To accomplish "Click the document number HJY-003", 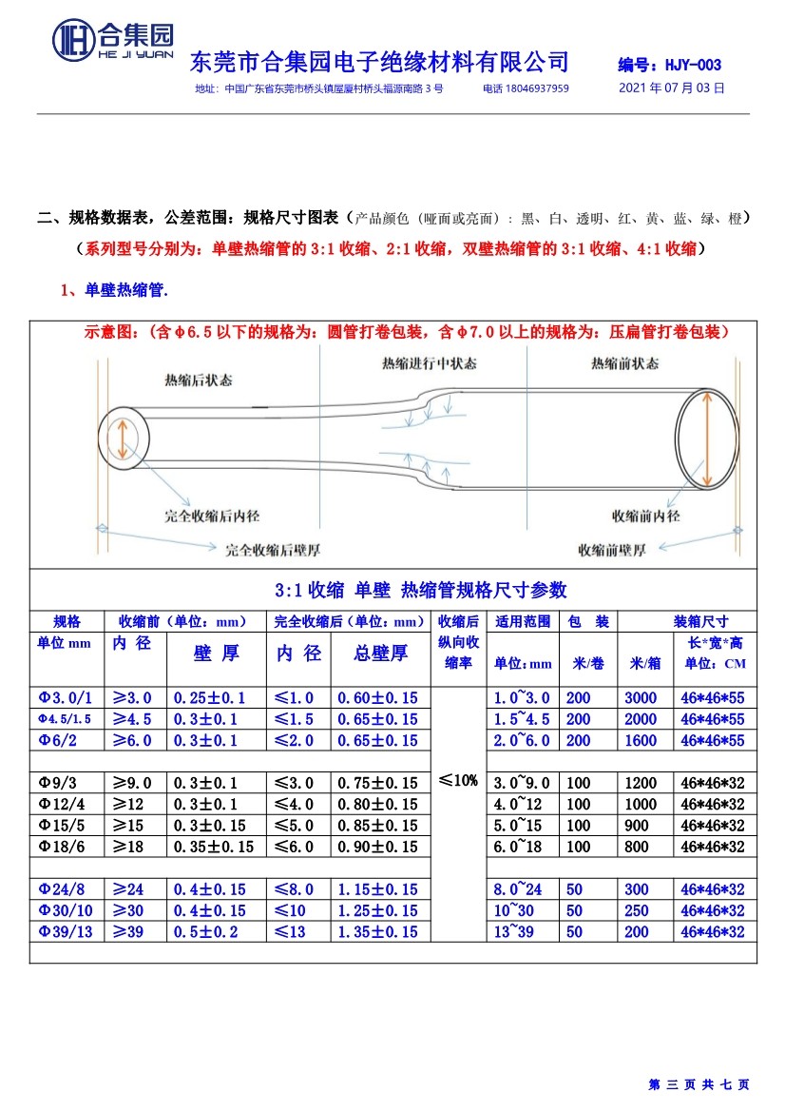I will pyautogui.click(x=669, y=66).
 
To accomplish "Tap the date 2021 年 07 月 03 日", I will pyautogui.click(x=671, y=88).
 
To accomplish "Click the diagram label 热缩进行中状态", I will pyautogui.click(x=429, y=364).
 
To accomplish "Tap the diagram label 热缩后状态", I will pyautogui.click(x=198, y=380).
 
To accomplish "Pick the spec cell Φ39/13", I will pyautogui.click(x=66, y=932).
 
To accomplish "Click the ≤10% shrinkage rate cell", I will pyautogui.click(x=458, y=780).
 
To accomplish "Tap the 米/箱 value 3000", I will pyautogui.click(x=641, y=698).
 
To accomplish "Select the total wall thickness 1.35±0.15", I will pyautogui.click(x=377, y=932).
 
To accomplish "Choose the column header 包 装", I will pyautogui.click(x=587, y=622).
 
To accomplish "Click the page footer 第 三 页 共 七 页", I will pyautogui.click(x=699, y=1084).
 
